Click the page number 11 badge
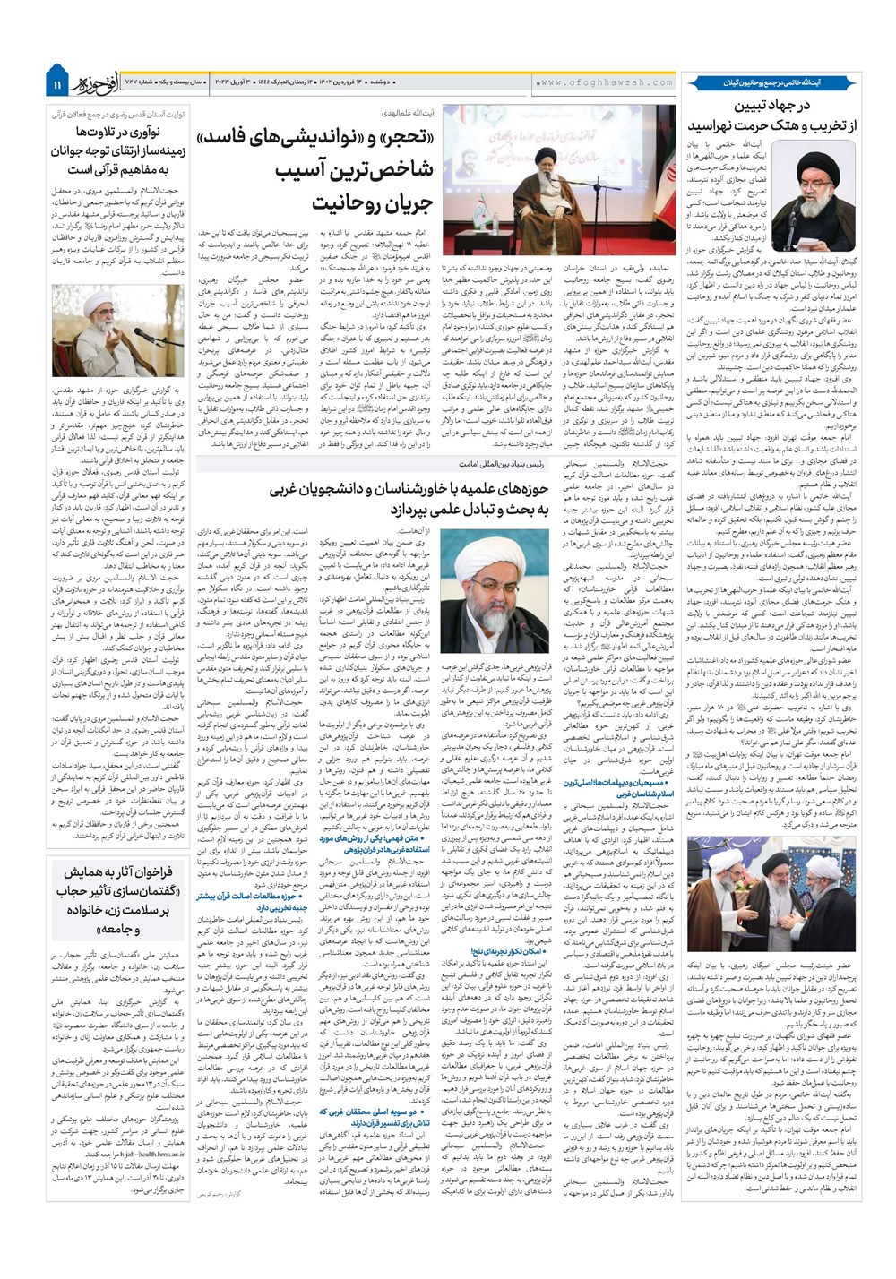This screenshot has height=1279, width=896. (56, 85)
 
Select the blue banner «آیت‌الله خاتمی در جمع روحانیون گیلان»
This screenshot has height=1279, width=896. (771, 82)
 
